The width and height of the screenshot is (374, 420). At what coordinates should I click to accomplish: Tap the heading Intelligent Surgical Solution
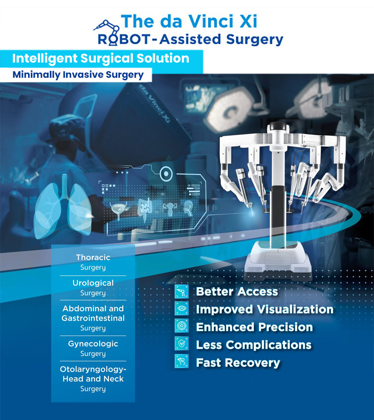101,58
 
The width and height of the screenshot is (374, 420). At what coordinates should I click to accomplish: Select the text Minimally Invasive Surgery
78,75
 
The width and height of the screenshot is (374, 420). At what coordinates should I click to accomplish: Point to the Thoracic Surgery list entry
93,262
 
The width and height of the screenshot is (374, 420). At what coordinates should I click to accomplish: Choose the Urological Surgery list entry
93,287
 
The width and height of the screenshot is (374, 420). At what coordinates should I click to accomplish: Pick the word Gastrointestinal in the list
93,318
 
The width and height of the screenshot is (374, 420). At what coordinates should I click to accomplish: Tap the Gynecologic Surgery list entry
93,348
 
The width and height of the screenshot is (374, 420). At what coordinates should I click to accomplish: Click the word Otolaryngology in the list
93,369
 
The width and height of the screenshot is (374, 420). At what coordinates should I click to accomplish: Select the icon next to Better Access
182,292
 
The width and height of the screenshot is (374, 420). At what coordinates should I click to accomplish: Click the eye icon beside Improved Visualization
182,309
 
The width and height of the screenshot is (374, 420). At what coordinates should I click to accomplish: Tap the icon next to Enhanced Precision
182,326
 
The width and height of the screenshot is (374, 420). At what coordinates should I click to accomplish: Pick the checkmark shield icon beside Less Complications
182,344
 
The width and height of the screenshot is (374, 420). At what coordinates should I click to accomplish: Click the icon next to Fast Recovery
182,362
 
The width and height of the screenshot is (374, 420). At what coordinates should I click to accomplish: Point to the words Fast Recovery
238,363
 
